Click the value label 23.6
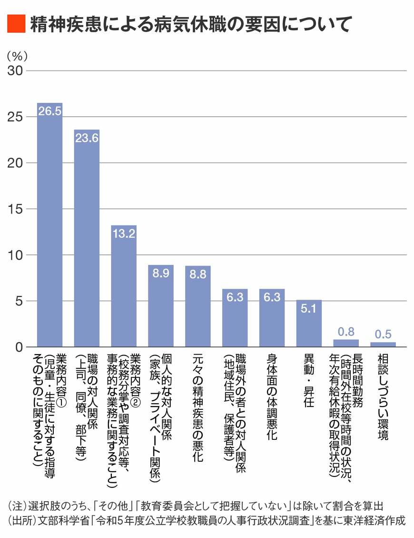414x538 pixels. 87,138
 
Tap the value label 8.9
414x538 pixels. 160,274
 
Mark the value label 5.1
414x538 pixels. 309,308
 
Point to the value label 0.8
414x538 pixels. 346,331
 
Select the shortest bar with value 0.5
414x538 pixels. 383,344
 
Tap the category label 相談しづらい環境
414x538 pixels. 383,396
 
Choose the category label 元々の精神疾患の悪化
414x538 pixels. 197,407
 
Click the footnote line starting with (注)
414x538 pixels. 196,505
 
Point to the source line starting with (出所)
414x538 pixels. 207,519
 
